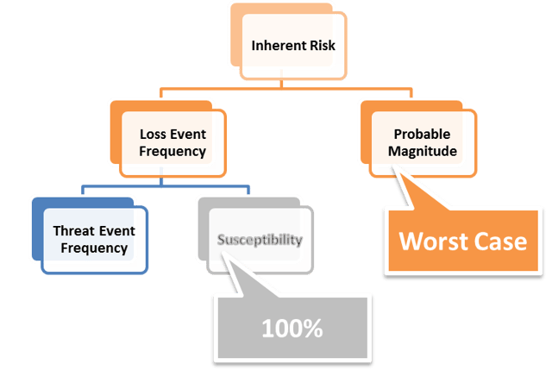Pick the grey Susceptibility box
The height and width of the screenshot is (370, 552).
[259, 239]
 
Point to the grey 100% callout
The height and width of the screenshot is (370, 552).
[293, 328]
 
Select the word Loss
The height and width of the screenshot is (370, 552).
[153, 135]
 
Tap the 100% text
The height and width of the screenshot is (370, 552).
[293, 329]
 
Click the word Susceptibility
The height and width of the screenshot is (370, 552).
[259, 239]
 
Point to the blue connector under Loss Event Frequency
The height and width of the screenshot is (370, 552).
[164, 185]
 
